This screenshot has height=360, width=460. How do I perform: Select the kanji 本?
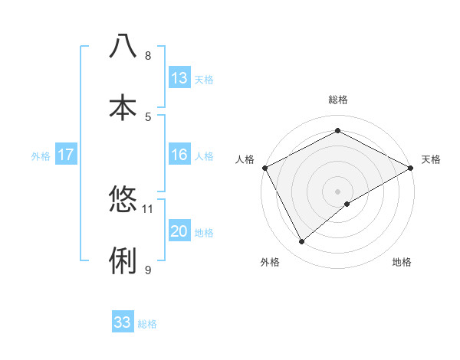point(123,106)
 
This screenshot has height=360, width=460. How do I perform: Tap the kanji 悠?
point(123,199)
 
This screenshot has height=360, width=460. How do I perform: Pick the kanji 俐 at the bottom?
point(123,260)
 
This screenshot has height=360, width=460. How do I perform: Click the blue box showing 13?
point(179,78)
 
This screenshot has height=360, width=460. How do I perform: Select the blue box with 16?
point(179,155)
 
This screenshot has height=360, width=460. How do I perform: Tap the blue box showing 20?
point(179,231)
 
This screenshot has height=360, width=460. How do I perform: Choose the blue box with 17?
point(65,155)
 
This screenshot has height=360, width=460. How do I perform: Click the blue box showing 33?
point(123,322)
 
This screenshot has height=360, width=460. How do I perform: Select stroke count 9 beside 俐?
point(148,270)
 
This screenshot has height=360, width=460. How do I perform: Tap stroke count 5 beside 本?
point(148,116)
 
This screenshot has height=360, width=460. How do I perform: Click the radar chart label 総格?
point(337,100)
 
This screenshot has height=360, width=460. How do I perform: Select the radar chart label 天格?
point(431,159)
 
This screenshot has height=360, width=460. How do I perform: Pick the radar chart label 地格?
point(402,262)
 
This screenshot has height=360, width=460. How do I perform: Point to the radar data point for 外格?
point(301,241)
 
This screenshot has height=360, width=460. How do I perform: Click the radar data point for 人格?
point(264,167)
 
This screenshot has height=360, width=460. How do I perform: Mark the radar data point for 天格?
point(410,167)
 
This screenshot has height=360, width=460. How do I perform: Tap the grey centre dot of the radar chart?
point(337,190)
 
